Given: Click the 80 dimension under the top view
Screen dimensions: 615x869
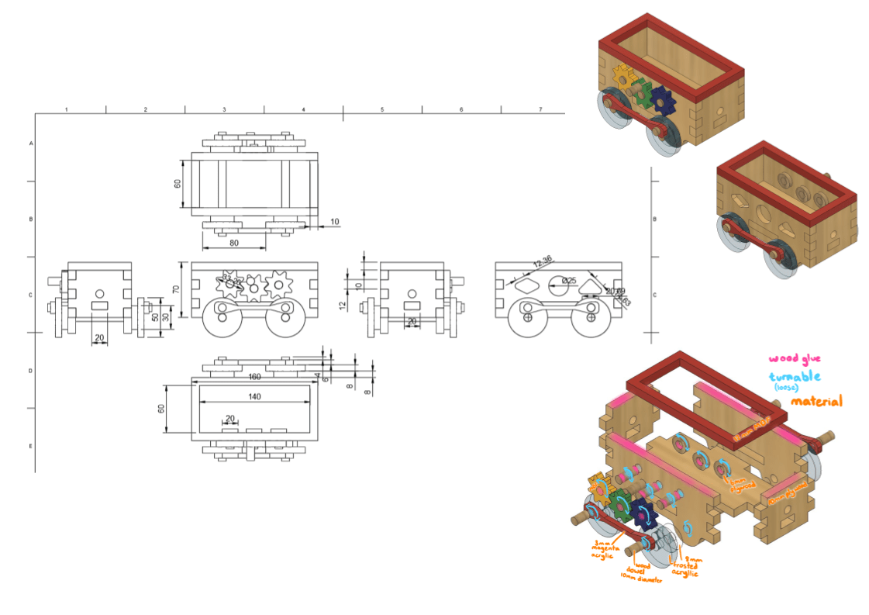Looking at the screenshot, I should (233, 243).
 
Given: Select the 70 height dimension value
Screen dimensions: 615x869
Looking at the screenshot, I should (176, 289).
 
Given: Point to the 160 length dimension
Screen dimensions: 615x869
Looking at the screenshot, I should (253, 377).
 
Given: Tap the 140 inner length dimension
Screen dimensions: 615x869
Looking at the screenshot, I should (254, 396).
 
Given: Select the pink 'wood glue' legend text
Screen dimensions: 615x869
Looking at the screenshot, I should (795, 358).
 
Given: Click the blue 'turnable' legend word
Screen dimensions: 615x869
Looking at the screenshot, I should (795, 377).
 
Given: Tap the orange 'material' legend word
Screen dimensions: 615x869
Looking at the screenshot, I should (816, 401).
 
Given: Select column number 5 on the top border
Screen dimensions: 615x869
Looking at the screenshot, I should (382, 109).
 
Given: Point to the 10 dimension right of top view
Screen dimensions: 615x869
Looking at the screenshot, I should (335, 222).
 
